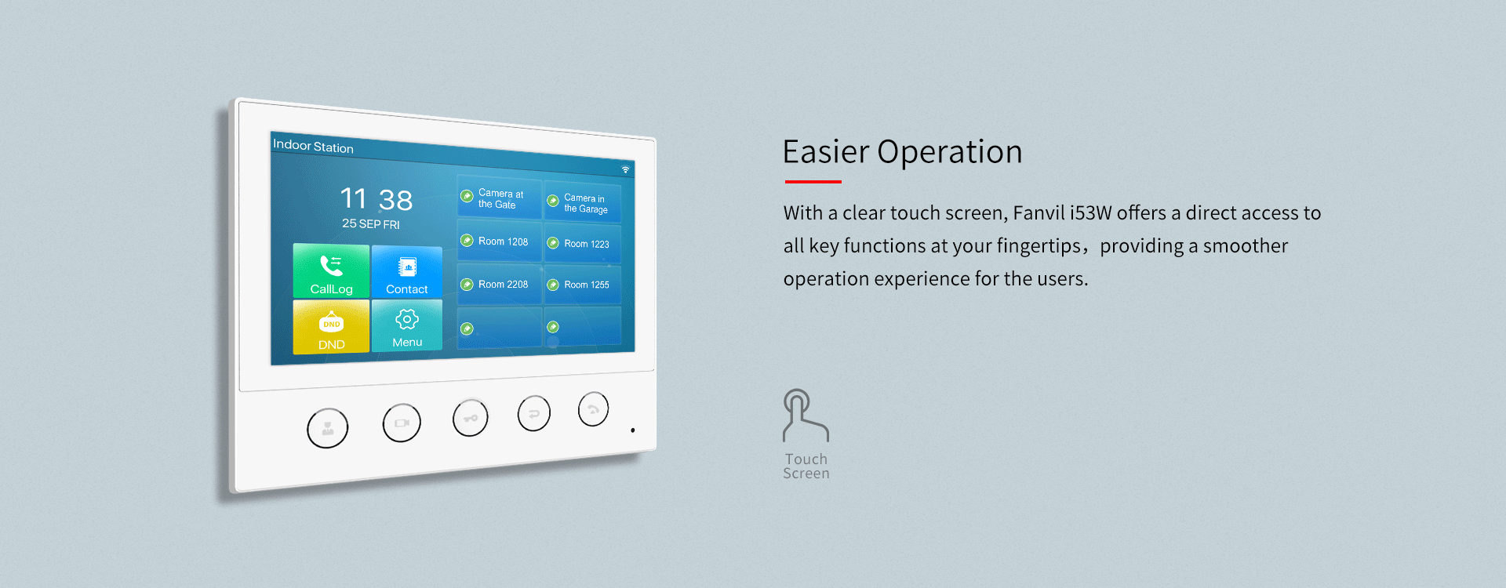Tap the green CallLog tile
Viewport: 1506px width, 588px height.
pos(331,271)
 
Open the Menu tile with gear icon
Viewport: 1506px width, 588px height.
pos(406,325)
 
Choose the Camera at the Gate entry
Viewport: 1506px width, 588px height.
pos(500,198)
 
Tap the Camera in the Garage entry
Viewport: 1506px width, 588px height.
pos(583,204)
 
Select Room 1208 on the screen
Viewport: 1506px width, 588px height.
pos(500,241)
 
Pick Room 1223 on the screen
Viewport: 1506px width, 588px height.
pos(583,244)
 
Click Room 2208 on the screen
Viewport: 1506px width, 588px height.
pos(500,284)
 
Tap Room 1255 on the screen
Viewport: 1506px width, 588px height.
pos(583,285)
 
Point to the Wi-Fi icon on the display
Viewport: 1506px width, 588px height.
pos(625,169)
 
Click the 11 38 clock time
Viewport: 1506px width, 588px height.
pos(376,199)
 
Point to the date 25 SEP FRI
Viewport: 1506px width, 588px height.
pos(371,224)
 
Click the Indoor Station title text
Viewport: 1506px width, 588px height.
pos(313,146)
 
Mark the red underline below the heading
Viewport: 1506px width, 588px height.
pos(813,182)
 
